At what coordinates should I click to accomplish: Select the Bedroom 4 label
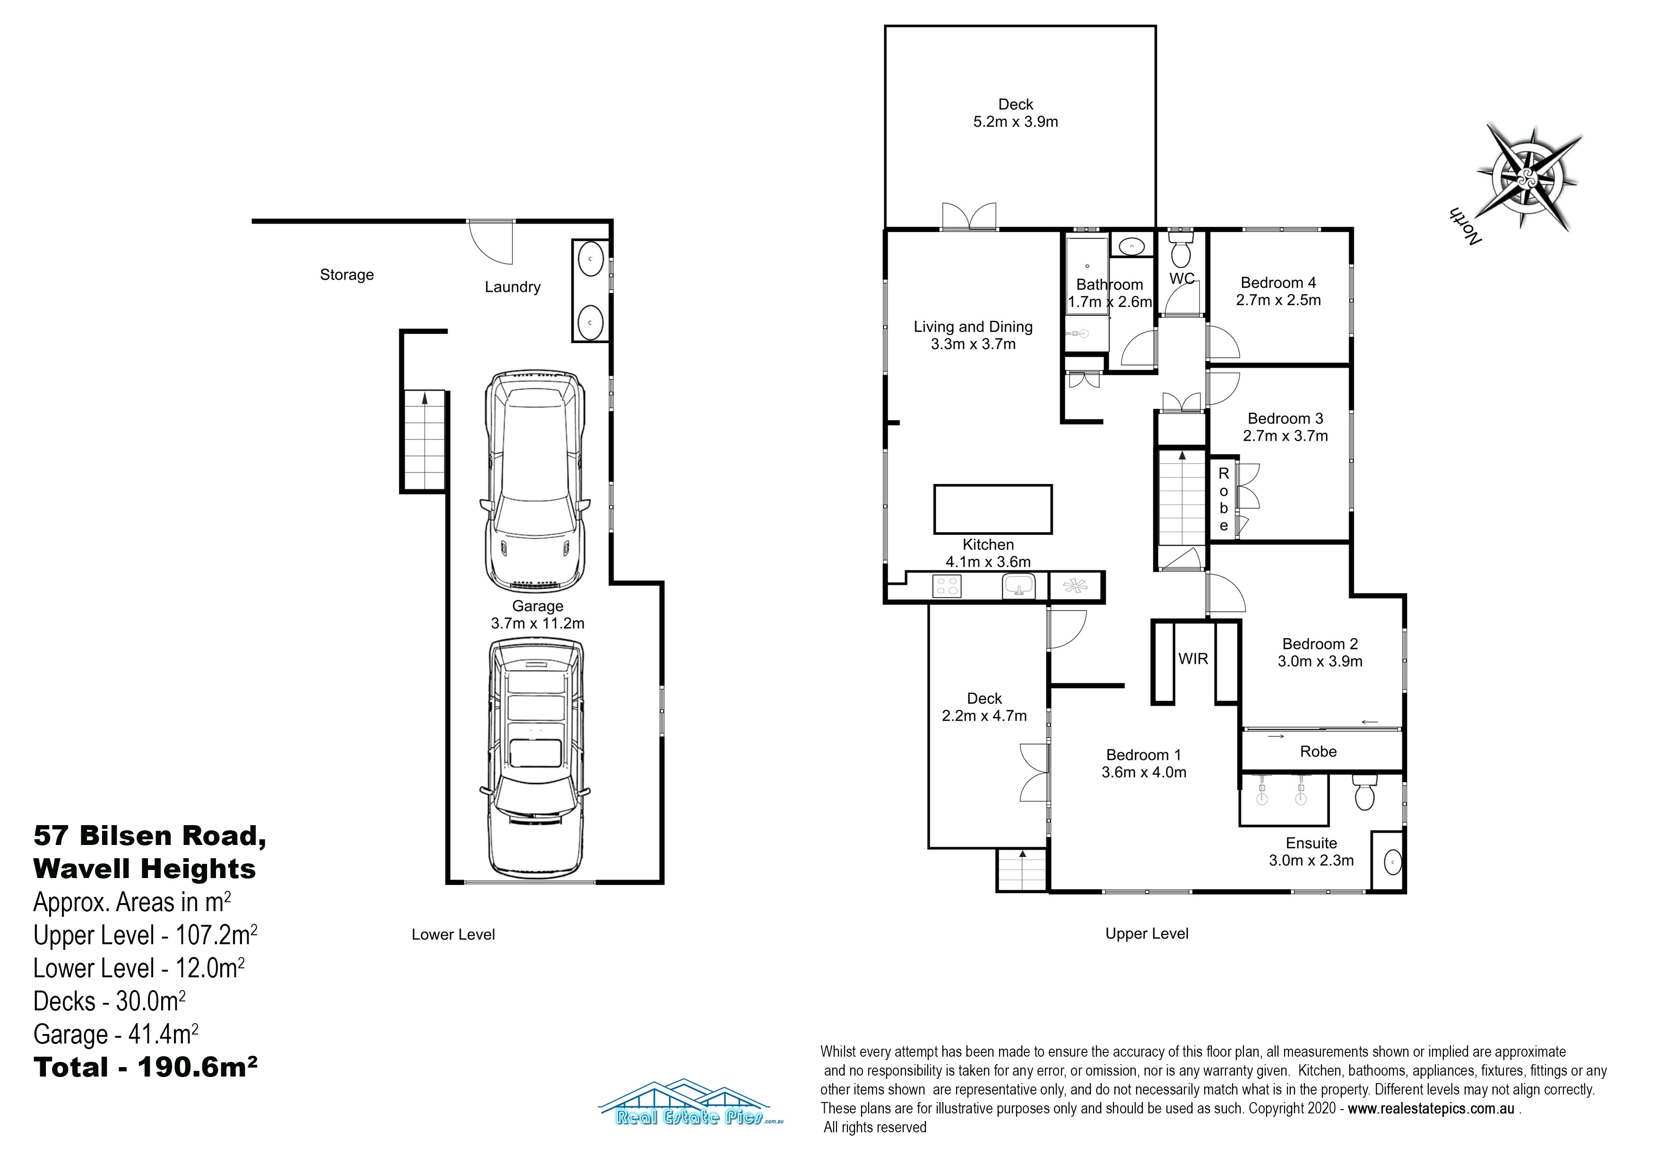coord(1278,283)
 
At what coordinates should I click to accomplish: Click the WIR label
coord(1193,659)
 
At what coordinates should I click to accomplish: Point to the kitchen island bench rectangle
coord(993,509)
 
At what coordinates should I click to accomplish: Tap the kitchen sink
coord(1019,586)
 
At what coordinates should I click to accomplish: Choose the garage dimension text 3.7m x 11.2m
coord(537,623)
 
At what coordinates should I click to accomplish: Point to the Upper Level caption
coord(1147,934)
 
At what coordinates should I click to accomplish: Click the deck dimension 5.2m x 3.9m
coord(1015,122)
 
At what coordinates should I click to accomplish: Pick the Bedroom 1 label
coord(1143,755)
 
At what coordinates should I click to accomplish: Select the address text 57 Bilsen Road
coord(149,836)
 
